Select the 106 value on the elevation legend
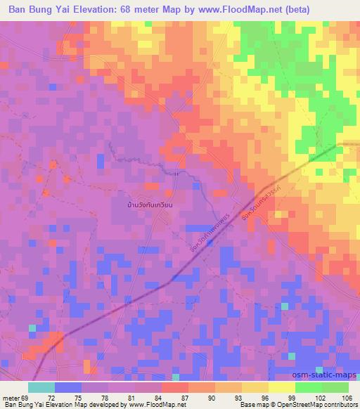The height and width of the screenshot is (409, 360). [345, 398]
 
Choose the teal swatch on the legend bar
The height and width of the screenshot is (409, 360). [41, 387]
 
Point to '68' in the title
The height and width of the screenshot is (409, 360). [130, 9]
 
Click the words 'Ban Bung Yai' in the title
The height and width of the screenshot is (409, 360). [38, 9]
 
